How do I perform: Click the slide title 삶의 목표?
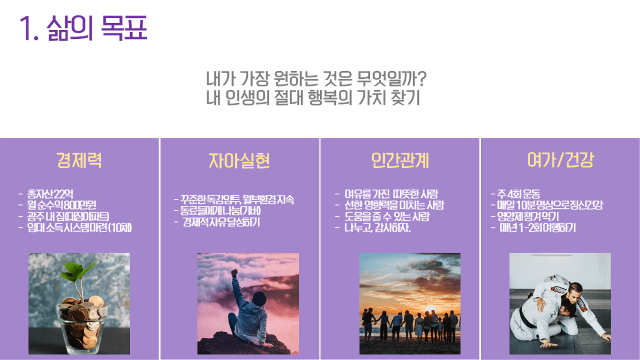coord(83,28)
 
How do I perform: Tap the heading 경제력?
coord(79,160)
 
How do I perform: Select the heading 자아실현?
coord(239,161)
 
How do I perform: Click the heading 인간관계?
coord(400,161)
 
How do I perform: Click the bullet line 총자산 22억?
coord(50,194)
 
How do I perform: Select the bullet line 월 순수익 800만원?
coord(62,205)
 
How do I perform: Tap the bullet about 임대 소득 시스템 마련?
coord(79,228)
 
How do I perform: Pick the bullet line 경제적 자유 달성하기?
coord(221,222)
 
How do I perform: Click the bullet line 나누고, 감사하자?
coord(377,228)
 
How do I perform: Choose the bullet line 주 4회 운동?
coord(518,194)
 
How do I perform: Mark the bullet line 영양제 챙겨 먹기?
coord(528,216)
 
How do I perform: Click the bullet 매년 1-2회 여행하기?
coord(538,228)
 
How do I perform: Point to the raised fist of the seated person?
coord(234,272)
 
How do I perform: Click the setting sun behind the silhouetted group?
coord(431,309)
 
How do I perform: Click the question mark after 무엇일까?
coord(422,79)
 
